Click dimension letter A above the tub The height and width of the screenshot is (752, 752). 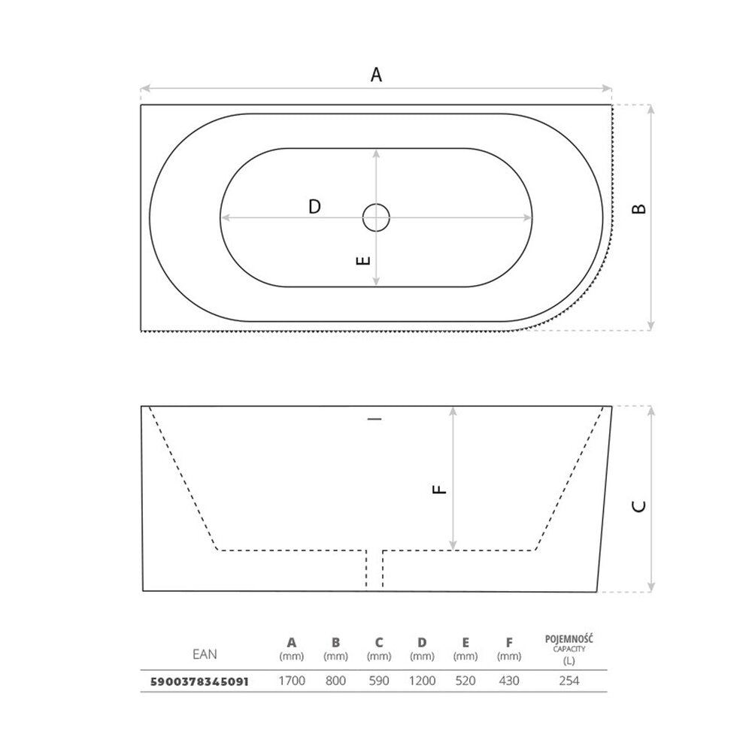pyautogui.click(x=377, y=74)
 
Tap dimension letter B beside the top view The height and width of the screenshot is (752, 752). pyautogui.click(x=638, y=208)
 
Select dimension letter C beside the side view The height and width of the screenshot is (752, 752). pyautogui.click(x=638, y=506)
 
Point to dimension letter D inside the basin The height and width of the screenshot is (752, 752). pyautogui.click(x=314, y=207)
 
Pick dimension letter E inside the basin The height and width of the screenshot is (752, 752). pyautogui.click(x=363, y=260)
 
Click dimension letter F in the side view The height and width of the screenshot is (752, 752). pyautogui.click(x=439, y=490)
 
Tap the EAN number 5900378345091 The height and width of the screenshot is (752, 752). pyautogui.click(x=199, y=681)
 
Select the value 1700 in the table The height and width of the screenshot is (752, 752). pyautogui.click(x=292, y=681)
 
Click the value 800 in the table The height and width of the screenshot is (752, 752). pyautogui.click(x=335, y=681)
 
